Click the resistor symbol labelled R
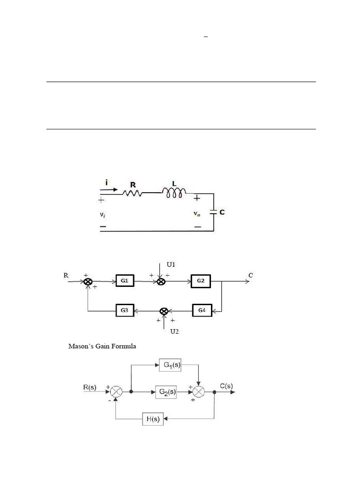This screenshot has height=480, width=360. point(132,193)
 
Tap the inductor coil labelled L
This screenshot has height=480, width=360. point(174,193)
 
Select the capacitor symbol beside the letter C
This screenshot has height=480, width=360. point(213,212)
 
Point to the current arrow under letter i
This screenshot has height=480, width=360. point(109,190)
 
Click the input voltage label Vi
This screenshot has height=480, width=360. point(103,215)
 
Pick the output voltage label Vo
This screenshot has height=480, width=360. point(197,214)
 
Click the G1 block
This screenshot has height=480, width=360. point(125,281)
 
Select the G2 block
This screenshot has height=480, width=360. point(201,281)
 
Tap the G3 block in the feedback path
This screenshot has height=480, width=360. point(125,310)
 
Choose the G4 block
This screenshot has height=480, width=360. point(202,310)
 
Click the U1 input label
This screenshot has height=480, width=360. point(171,264)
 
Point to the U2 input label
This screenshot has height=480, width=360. point(174,331)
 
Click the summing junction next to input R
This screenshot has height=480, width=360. point(88,282)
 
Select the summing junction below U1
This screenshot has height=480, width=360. point(161,282)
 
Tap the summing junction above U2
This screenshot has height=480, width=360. point(164,311)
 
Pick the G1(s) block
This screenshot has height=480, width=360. point(170,365)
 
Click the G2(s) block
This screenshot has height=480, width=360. point(166,392)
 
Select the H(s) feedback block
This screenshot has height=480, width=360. point(153,419)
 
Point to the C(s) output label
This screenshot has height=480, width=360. point(226,386)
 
